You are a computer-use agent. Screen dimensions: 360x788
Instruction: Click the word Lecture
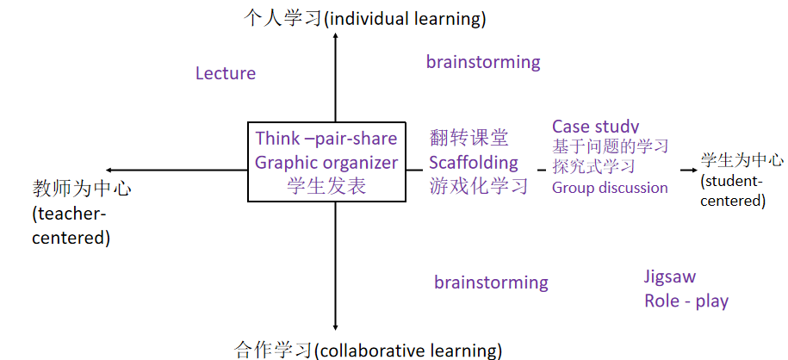pyautogui.click(x=226, y=73)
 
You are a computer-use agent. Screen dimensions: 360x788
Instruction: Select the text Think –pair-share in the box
pyautogui.click(x=326, y=139)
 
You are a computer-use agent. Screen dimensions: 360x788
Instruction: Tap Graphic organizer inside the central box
pyautogui.click(x=326, y=162)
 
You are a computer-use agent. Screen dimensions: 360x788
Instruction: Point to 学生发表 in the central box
pyautogui.click(x=326, y=185)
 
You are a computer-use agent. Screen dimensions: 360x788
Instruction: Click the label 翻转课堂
pyautogui.click(x=469, y=138)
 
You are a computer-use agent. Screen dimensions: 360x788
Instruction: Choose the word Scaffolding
pyautogui.click(x=474, y=162)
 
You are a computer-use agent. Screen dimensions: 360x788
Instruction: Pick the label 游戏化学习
pyautogui.click(x=479, y=185)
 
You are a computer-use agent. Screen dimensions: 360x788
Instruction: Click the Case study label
pyautogui.click(x=596, y=127)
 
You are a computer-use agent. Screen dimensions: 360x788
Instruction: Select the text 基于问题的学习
pyautogui.click(x=610, y=146)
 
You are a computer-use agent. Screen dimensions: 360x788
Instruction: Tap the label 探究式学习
pyautogui.click(x=593, y=166)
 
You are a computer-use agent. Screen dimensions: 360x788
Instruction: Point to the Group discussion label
pyautogui.click(x=610, y=188)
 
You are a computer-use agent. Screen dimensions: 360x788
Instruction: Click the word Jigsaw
pyautogui.click(x=670, y=276)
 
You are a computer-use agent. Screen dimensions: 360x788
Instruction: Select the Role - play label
pyautogui.click(x=686, y=301)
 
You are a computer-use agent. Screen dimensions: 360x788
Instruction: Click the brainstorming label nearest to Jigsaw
pyautogui.click(x=491, y=282)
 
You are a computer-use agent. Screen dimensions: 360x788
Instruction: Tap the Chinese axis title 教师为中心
pyautogui.click(x=82, y=188)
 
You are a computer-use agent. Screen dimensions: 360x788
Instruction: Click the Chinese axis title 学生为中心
pyautogui.click(x=741, y=160)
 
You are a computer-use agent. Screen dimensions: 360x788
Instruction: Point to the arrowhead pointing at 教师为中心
pyautogui.click(x=109, y=171)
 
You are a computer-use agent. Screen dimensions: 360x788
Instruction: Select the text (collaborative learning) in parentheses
pyautogui.click(x=408, y=351)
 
